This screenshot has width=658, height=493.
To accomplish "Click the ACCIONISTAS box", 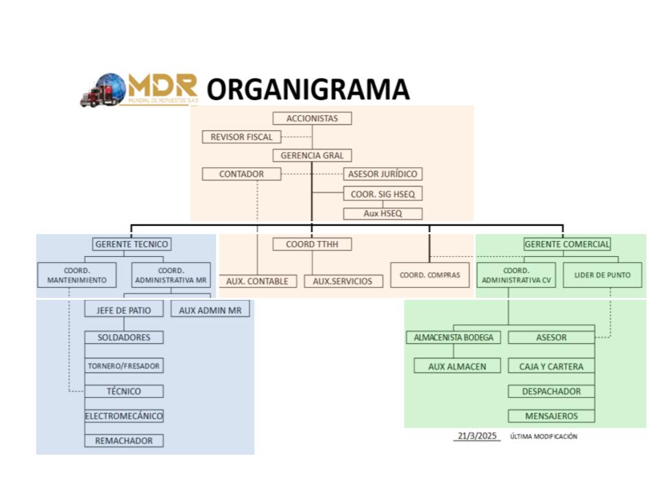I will pos(312,118).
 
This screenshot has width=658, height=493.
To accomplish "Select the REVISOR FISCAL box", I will pos(241,137).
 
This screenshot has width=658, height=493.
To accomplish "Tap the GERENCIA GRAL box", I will pos(312,155).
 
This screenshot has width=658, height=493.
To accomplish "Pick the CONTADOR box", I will pos(241,174).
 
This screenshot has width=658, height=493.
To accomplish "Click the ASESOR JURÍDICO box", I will pos(382,174).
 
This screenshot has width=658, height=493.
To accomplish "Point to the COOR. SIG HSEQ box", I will pos(382,194).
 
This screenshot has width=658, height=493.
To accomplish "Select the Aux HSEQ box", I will pos(382,214).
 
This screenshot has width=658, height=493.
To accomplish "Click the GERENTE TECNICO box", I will pos(131,244).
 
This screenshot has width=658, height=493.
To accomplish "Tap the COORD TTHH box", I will pos(312,244).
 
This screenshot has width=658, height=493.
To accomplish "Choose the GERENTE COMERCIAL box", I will pos(567,244).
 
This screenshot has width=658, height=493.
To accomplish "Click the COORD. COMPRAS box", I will pos(430,275).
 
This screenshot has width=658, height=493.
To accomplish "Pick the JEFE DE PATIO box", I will pos(124,310).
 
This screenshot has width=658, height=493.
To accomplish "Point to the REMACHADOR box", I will pos(124,440).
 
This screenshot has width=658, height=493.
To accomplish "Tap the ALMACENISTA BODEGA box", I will pos(454,338).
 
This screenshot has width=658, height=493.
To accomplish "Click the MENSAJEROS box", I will pos(551,416).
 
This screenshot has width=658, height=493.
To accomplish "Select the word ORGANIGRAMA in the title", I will pos(308,90).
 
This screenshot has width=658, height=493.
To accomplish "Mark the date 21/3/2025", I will pos(477,436).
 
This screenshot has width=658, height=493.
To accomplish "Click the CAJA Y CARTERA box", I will pos(551,366).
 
